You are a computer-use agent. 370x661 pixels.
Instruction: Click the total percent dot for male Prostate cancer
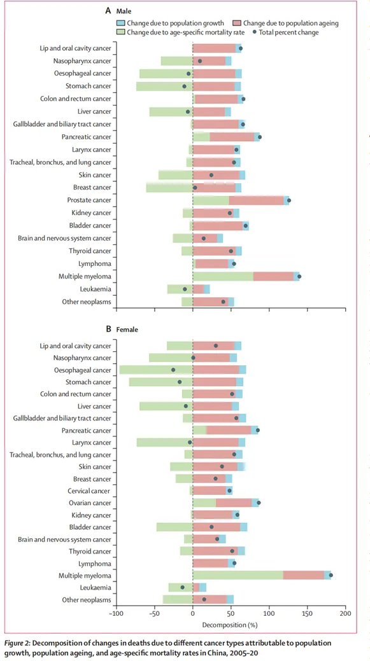pyautogui.click(x=289, y=200)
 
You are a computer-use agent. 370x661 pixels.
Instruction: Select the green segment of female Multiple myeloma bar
pyautogui.click(x=238, y=575)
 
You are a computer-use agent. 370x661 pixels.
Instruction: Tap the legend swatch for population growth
pyautogui.click(x=122, y=23)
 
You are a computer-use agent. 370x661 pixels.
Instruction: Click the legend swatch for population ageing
pyautogui.click(x=235, y=23)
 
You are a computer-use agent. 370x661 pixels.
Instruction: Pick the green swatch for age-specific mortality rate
pyautogui.click(x=122, y=32)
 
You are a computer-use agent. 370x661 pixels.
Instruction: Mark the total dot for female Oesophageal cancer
pyautogui.click(x=173, y=370)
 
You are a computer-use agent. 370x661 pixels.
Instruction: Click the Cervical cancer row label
pyautogui.click(x=92, y=491)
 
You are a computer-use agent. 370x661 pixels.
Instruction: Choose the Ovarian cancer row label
pyautogui.click(x=92, y=503)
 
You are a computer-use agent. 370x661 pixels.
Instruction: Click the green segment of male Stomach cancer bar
pyautogui.click(x=164, y=87)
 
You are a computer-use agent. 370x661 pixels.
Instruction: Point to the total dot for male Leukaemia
pyautogui.click(x=185, y=289)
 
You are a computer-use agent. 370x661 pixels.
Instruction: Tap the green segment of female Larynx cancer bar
pyautogui.click(x=164, y=443)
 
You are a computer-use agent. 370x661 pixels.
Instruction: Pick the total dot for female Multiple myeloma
pyautogui.click(x=331, y=575)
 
